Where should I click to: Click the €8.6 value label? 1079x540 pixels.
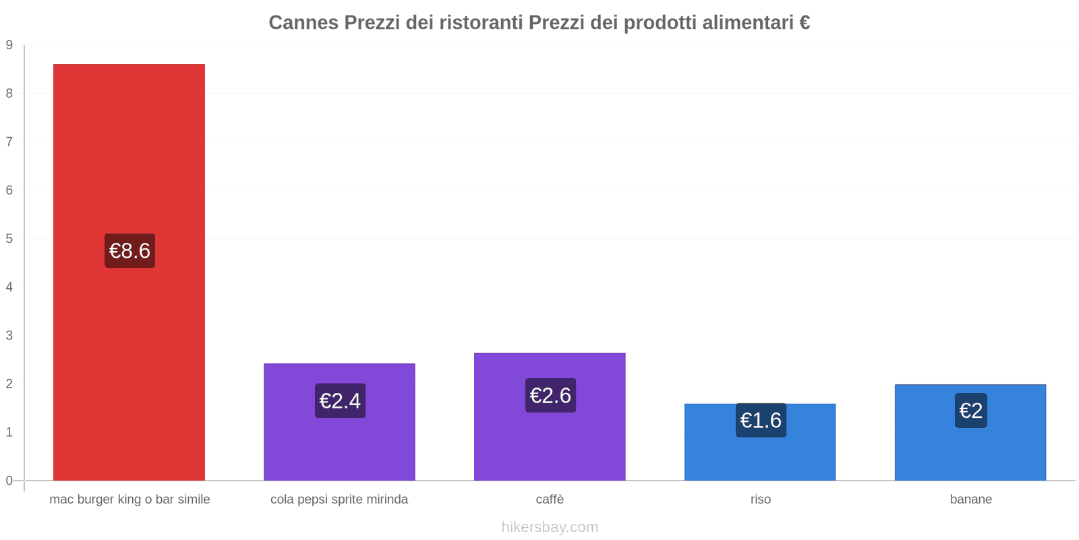tap(129, 250)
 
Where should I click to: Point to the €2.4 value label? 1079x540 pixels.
tap(340, 400)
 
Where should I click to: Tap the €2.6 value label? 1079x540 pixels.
tap(550, 395)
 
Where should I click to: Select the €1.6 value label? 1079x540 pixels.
tap(761, 420)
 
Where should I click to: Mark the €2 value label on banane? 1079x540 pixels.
tap(970, 410)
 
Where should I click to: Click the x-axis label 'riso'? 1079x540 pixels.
tap(760, 500)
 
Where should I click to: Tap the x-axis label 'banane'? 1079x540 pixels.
tap(970, 500)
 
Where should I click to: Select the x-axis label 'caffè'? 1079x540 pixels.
tap(550, 500)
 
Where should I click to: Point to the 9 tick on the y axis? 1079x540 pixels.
tap(9, 45)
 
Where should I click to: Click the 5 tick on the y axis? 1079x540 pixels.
tap(9, 238)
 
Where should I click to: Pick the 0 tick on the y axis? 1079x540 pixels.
tap(9, 481)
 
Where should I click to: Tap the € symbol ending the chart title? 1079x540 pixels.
tap(804, 22)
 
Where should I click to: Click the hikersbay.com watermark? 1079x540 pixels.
tap(550, 527)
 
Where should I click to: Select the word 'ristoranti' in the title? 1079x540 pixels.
tap(481, 22)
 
